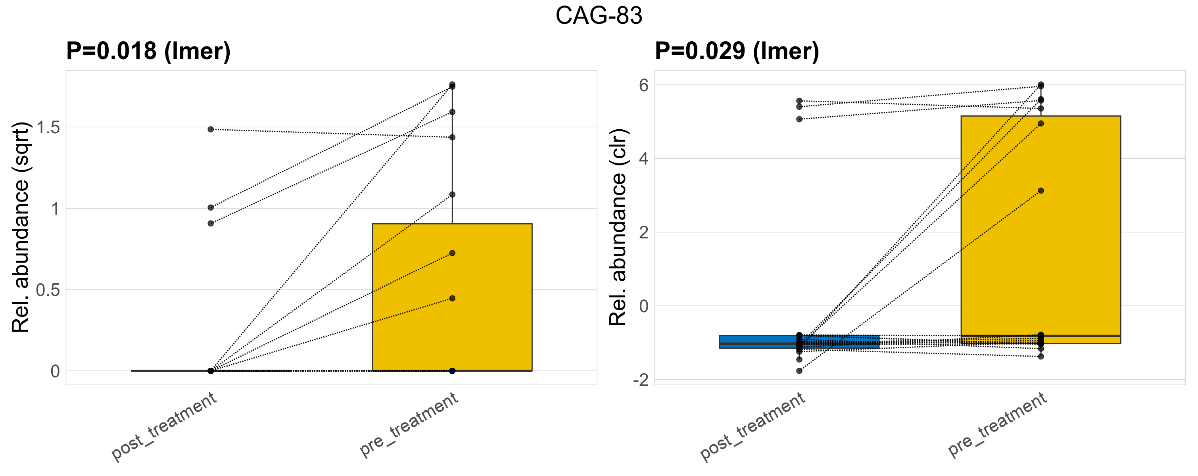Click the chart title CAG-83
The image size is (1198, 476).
599,16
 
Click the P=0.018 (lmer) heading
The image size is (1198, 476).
148,51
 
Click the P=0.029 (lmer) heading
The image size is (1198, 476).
737,51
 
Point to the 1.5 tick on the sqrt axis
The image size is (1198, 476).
48,127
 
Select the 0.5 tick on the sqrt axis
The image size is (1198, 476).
48,290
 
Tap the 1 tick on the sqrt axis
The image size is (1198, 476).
56,209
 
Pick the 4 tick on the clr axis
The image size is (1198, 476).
644,159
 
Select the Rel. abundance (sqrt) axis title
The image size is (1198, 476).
21,227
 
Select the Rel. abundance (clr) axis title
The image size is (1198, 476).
618,227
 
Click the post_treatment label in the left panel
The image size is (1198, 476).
164,426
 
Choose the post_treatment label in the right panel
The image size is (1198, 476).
753,426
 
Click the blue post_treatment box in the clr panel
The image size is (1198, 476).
799,342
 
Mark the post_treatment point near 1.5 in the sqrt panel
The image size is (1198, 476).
211,129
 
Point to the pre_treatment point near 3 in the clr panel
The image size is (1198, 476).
1041,190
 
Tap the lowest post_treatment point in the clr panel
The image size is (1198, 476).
799,371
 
